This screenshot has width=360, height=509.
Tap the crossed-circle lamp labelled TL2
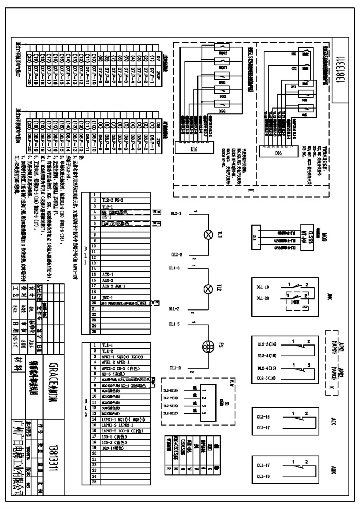[x=208, y=288]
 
